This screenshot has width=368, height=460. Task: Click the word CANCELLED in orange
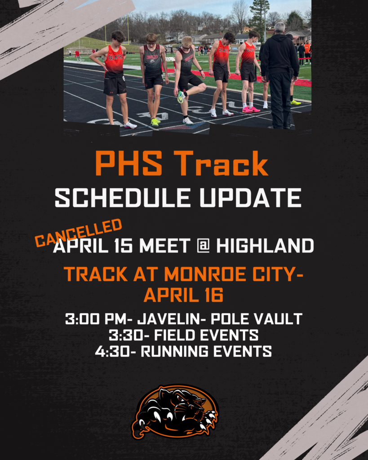click(79, 232)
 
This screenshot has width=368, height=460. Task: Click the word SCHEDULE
click(116, 198)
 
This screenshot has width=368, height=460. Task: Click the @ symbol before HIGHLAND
click(203, 246)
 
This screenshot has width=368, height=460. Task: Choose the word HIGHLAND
click(265, 246)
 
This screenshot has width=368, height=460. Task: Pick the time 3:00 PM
click(95, 319)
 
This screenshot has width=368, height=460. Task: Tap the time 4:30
click(112, 351)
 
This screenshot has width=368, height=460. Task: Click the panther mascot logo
click(175, 411)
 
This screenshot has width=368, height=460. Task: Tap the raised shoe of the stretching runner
click(181, 97)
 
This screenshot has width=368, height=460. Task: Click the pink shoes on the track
click(251, 109)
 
